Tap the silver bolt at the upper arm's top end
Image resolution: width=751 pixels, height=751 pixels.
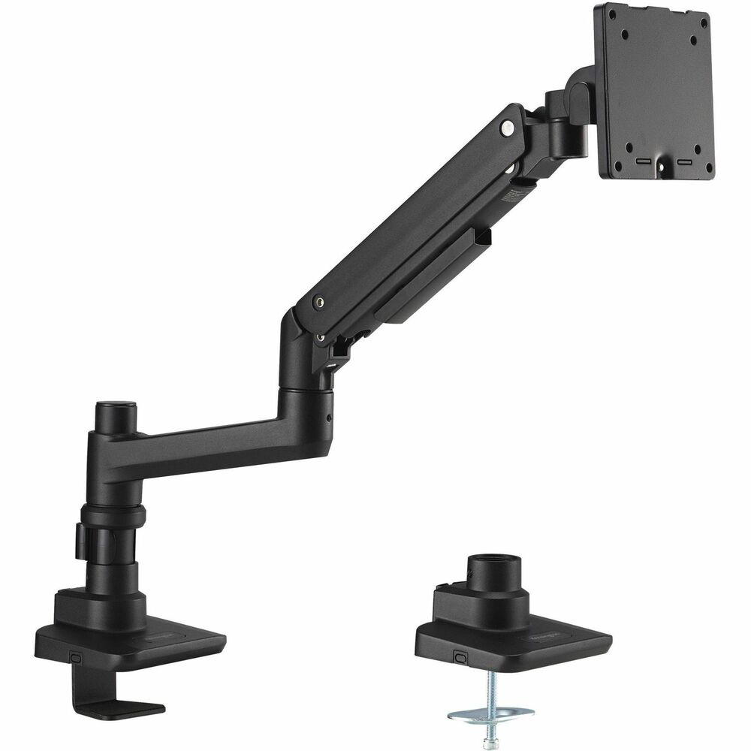point(511,129)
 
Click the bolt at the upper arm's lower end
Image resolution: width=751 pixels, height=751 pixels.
point(322,300)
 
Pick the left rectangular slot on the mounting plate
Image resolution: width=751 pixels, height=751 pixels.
point(644,161)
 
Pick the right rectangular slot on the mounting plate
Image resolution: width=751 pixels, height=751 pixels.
point(685,161)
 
